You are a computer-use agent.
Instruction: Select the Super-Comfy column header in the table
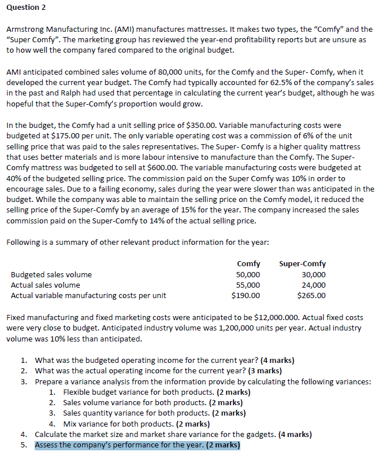[x=302, y=264]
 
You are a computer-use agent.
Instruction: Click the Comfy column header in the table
[x=248, y=264]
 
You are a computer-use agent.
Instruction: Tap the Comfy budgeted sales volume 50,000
[x=248, y=275]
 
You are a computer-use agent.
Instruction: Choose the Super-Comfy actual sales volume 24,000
[x=314, y=285]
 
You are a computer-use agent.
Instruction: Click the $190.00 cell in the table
[x=246, y=296]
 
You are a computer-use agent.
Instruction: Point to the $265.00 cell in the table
[x=311, y=296]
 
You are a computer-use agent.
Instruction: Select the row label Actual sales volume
[x=46, y=285]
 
